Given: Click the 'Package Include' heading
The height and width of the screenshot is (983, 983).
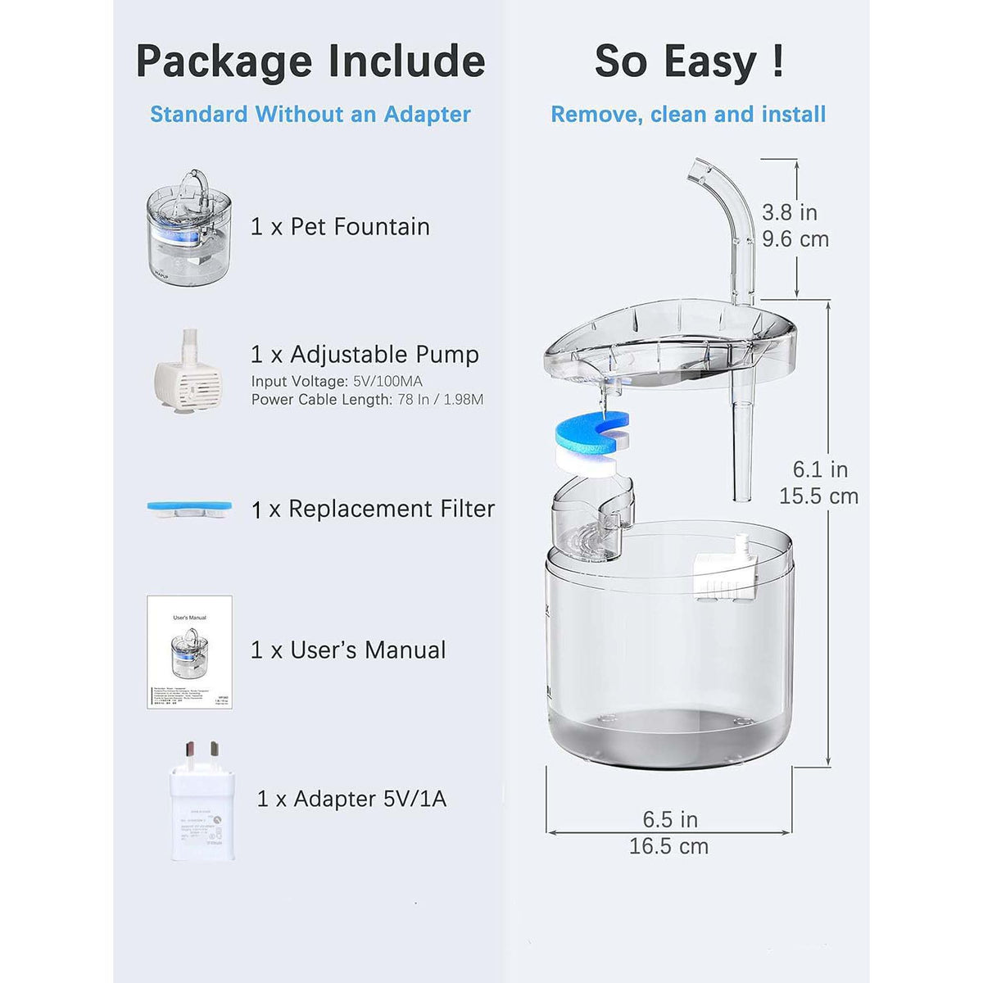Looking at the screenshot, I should pos(310,61).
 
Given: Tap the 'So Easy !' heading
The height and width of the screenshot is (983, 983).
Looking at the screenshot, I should pos(688,61).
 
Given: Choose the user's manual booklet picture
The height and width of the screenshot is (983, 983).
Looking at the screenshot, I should pos(189,652).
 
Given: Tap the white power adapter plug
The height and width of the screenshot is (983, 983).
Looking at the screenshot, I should pos(202,803).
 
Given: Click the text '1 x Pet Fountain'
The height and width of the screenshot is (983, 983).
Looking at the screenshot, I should pos(340,227).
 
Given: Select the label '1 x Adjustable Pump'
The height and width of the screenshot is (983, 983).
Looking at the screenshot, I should pos(365,355).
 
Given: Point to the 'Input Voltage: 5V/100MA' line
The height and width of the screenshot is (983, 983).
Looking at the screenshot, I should pos(337,381).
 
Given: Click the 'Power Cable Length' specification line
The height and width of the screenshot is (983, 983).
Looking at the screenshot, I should pos(367,400).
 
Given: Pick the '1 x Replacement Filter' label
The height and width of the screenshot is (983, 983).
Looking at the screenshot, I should pos(373,510).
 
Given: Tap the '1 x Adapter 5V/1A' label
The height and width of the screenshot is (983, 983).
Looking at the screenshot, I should pos(351,799).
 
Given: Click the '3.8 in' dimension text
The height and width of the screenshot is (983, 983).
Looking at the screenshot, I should pos(790,212).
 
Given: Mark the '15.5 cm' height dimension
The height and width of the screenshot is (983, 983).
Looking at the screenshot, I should pos(818,496).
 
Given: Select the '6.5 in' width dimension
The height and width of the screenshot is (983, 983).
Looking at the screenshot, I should pos(669,820).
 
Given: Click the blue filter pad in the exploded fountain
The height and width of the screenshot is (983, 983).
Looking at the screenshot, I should pos(591,427).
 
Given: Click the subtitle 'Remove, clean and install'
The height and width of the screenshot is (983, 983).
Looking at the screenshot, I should pos(688,115).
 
